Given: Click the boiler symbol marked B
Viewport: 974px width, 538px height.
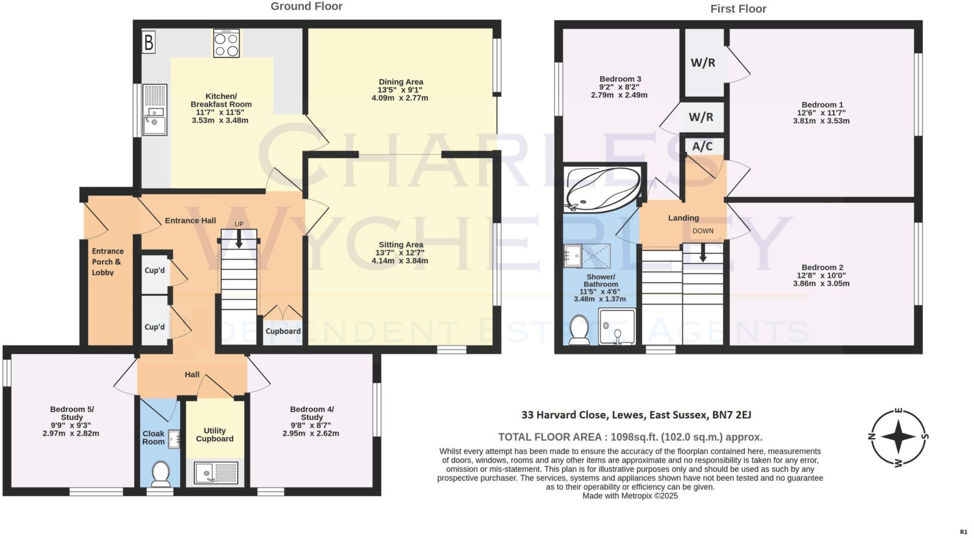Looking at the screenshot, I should point(149,43).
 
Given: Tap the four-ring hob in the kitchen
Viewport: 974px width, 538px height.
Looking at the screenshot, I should point(226,44).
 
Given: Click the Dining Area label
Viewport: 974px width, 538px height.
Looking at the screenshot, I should point(401,82).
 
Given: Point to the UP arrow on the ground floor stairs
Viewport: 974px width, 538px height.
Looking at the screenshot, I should point(239,239).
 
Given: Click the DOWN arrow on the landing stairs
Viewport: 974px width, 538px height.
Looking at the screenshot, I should point(703,252).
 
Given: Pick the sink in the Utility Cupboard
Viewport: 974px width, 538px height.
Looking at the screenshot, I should point(216,473).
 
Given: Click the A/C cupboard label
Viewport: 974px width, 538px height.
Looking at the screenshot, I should point(702,146).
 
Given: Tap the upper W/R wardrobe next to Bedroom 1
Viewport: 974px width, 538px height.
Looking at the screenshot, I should point(703,63).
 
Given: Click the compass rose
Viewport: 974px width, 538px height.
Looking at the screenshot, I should point(898,437).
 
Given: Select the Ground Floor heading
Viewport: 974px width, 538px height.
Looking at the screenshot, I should point(306,6).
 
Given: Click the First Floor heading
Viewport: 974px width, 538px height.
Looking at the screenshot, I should point(738,9).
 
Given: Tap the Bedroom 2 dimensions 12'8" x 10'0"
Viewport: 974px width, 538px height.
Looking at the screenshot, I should point(821,275).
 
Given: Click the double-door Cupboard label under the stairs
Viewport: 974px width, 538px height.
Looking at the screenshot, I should point(283,331).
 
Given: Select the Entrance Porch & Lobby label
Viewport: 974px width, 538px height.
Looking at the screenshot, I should point(108,262).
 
